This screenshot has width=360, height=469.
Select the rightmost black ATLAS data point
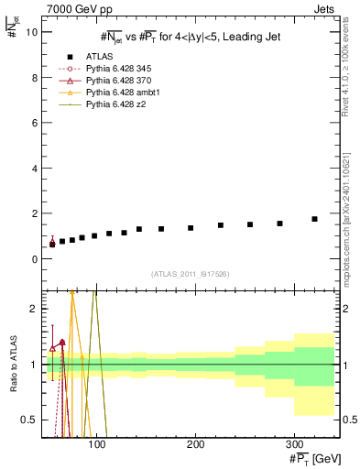314,219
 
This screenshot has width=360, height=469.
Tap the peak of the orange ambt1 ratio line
71,292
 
